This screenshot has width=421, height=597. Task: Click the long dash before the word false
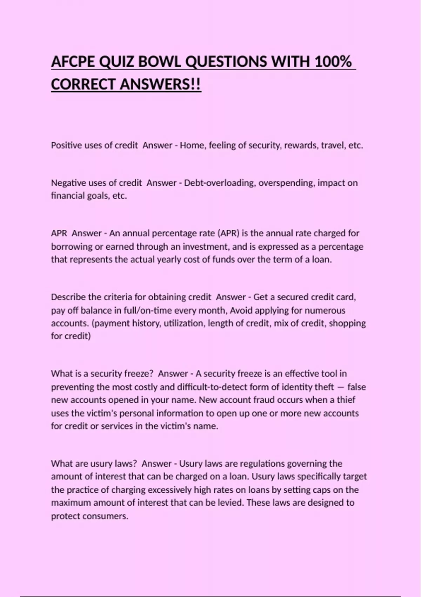click(x=340, y=387)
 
